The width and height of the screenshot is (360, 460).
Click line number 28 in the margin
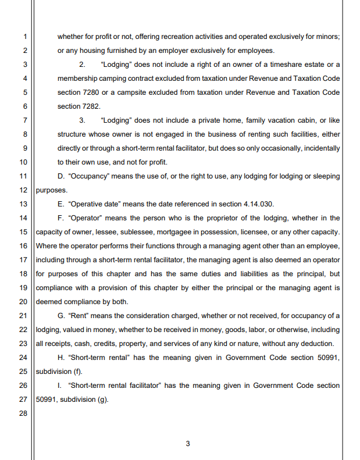pos(23,413)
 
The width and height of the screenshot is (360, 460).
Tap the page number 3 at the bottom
pos(187,444)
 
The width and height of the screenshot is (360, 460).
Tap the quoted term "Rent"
pos(80,316)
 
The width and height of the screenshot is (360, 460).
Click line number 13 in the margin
pos(23,204)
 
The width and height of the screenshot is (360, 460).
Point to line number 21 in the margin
pos(23,316)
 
